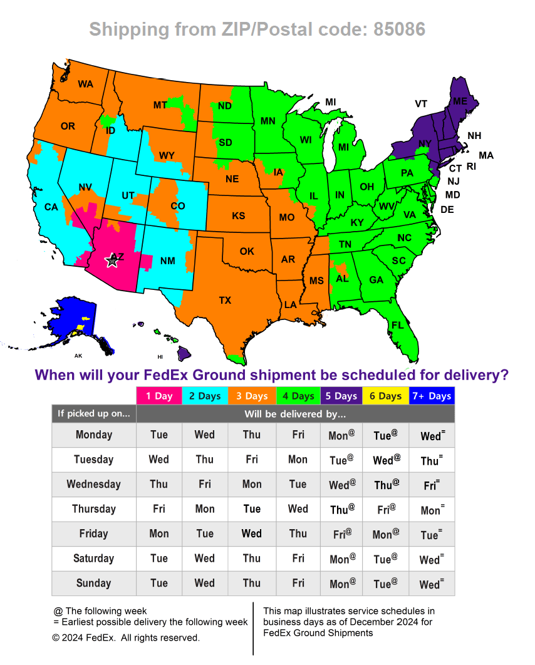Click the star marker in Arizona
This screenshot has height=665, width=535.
[112, 260]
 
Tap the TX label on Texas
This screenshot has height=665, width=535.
[225, 300]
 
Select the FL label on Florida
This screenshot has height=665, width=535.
[397, 325]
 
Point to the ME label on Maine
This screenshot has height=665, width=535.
[460, 101]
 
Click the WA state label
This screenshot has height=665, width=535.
[85, 83]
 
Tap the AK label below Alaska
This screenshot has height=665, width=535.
[78, 356]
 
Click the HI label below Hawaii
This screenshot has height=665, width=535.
[160, 356]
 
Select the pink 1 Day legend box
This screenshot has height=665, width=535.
[159, 396]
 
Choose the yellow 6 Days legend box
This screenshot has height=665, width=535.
[385, 396]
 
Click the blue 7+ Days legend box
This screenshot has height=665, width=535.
[431, 396]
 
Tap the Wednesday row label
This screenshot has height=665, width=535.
[93, 484]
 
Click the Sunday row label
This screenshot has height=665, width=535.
[93, 583]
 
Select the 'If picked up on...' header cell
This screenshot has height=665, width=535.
[93, 414]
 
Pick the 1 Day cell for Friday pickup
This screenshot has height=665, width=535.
[159, 534]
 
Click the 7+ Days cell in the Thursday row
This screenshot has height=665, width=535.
[431, 509]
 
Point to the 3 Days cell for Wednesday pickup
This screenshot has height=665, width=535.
[252, 484]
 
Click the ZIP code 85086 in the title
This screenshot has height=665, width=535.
[400, 29]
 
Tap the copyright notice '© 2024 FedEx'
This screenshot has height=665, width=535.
[126, 637]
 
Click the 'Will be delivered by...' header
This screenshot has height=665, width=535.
[295, 414]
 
